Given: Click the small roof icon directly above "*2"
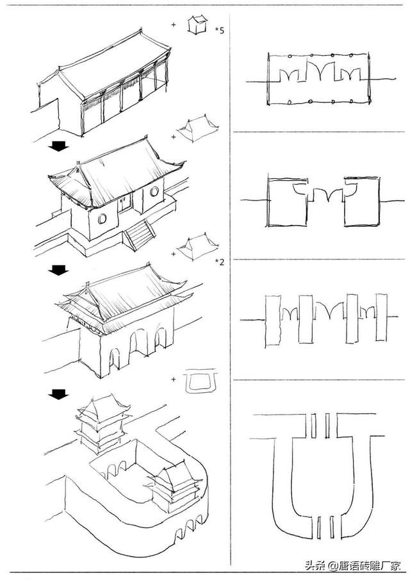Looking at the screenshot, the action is tap(197, 247).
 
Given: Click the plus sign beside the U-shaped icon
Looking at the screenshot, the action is tap(174, 379).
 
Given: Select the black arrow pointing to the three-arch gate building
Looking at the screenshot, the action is tap(59, 271).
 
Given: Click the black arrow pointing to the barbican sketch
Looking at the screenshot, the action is tap(59, 394).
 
